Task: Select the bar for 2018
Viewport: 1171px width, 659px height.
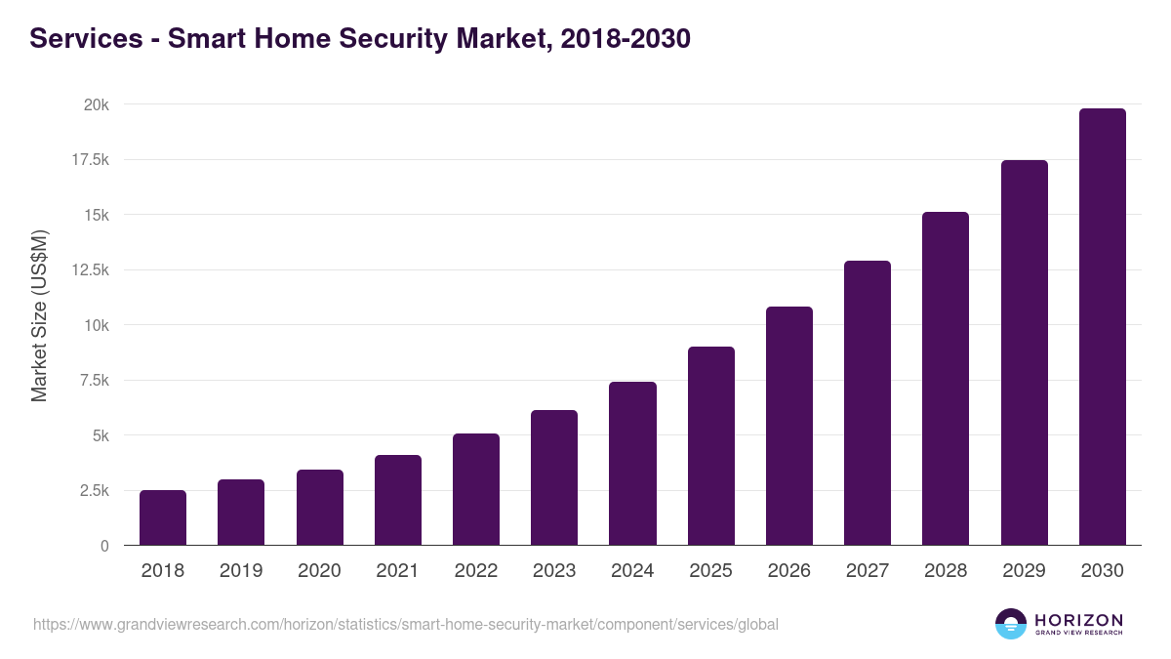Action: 163,517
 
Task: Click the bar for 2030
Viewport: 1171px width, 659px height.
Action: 1102,327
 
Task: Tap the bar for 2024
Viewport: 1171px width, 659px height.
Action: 632,464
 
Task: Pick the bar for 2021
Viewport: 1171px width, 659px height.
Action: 398,500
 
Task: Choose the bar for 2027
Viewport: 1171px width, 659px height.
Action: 868,403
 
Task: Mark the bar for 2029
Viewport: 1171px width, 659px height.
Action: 1024,352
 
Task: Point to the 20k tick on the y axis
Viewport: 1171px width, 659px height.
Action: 95,104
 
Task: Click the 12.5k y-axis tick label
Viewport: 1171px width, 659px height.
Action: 88,270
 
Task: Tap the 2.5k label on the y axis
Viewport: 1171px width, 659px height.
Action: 92,491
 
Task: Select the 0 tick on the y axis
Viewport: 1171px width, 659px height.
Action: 103,546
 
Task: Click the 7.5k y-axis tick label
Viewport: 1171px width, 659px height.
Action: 92,381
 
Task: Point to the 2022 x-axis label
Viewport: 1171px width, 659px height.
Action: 476,571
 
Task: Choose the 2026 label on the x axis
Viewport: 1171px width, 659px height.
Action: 788,571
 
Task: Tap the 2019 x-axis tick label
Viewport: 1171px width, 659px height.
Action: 241,571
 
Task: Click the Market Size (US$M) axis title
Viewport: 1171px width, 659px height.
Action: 39,315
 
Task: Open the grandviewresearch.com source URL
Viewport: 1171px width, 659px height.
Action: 406,624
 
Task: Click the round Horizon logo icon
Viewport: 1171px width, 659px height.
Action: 1011,624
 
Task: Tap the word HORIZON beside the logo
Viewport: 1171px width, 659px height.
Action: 1078,620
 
